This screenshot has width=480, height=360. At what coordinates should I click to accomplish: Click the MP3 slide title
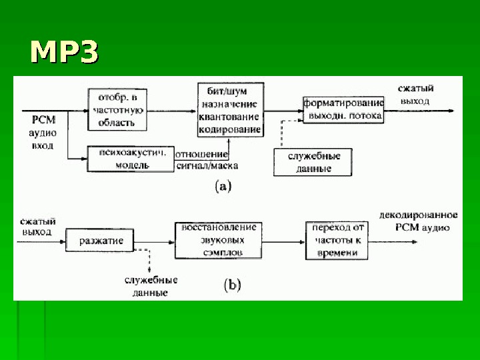point(64,53)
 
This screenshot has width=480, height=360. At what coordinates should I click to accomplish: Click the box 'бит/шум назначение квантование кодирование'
point(231,111)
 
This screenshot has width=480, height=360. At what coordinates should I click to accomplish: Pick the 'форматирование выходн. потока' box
point(343,109)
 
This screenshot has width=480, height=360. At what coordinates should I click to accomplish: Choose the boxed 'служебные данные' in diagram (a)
point(313,162)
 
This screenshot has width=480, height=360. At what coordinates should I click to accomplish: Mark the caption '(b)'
point(231,285)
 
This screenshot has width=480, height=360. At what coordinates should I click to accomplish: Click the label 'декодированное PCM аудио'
point(418,221)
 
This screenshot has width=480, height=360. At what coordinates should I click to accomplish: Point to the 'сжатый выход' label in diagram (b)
point(38,226)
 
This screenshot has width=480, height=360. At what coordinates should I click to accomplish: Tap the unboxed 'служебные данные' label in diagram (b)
point(149,286)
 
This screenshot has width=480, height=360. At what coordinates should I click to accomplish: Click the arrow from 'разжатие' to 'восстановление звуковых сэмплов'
point(153,240)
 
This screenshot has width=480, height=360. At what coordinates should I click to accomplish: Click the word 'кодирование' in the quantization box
point(231,129)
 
